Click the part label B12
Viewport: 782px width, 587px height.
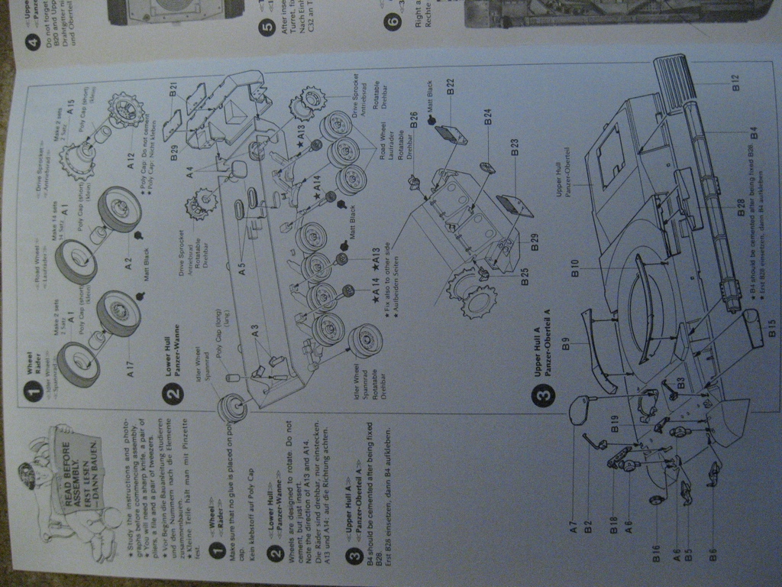click(735, 83)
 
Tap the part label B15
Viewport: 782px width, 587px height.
click(772, 329)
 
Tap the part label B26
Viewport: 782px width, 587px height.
click(413, 119)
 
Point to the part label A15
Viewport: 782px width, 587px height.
click(70, 106)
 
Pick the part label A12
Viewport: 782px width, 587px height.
click(131, 162)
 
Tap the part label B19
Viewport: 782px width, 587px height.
click(615, 422)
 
